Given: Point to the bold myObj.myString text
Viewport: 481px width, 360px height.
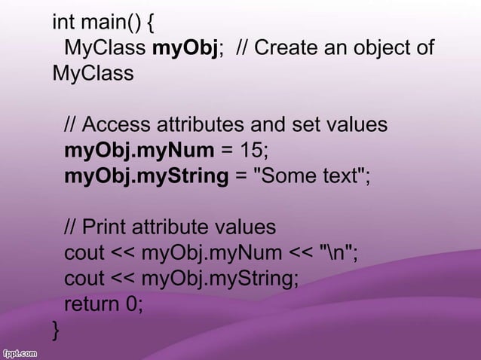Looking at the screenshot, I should click(x=146, y=177).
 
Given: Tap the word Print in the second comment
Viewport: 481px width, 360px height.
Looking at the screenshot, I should click(x=103, y=227).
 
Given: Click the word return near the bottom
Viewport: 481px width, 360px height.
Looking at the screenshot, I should click(x=91, y=304).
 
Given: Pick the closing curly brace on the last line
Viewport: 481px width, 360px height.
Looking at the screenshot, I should click(x=56, y=330).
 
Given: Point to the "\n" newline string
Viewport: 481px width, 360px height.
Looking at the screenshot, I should click(x=338, y=253).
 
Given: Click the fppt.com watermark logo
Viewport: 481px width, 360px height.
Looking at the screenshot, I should click(x=21, y=352).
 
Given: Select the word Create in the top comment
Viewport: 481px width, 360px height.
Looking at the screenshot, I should click(x=289, y=48).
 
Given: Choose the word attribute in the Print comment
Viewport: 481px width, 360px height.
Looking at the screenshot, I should click(x=174, y=227).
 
